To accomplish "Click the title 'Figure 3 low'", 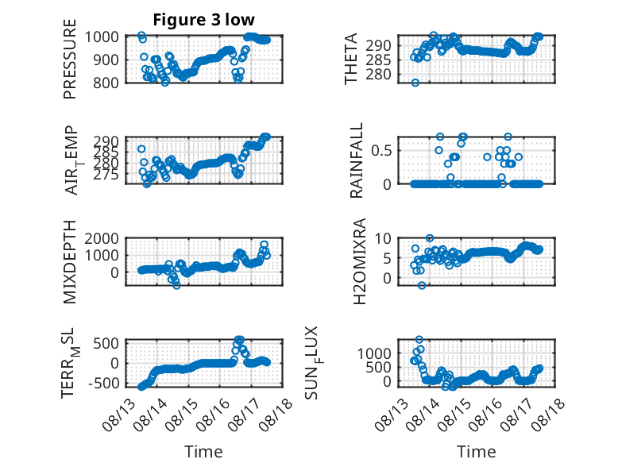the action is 204,20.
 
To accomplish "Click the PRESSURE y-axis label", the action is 69,59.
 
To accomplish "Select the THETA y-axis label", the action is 350,59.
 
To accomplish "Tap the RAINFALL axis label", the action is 356,160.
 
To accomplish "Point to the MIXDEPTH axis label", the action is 69,262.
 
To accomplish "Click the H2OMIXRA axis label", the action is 360,261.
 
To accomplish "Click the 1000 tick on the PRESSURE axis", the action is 102,37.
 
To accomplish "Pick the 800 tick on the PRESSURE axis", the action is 106,83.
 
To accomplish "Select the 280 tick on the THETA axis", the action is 378,74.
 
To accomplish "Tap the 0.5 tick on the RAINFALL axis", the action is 381,151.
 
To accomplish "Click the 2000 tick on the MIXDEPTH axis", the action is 102,238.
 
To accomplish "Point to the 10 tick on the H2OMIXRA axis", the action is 383,238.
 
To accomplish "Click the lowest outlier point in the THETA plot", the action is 415,83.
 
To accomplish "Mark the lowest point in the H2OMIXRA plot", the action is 422,285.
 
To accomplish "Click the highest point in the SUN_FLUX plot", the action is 419,339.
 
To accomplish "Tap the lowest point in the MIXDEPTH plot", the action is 176,285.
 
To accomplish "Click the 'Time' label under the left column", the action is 203,452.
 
